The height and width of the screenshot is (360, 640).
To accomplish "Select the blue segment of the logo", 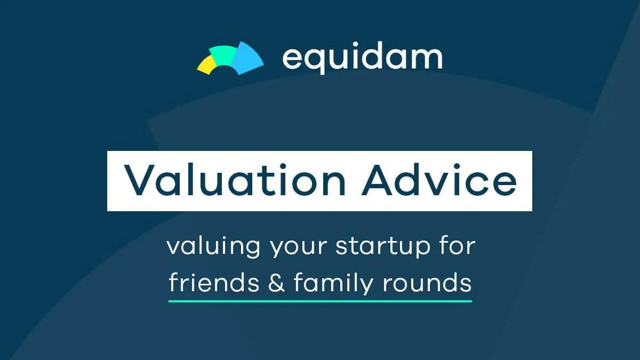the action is coord(247,59).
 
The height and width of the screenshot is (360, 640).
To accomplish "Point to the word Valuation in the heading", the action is coord(235,180).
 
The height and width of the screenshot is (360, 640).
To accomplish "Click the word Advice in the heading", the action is coord(439,180).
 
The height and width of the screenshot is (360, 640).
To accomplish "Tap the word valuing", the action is coord(213,246).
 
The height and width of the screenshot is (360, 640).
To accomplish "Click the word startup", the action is coord(383,247).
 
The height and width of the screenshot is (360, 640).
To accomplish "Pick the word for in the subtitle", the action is coord(458,245).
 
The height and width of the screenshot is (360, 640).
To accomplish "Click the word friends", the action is coord(214,282).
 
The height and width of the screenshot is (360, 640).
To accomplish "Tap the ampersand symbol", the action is coord(276,282).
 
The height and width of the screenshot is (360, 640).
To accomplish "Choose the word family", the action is coord(333,283).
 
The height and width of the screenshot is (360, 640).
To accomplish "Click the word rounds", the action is coord(427,282).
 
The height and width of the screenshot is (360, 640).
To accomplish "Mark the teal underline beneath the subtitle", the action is coord(321,301).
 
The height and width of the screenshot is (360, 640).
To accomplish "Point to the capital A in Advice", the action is coord(377,181).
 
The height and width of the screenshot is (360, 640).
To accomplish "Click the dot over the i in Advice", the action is coord(457,166).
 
